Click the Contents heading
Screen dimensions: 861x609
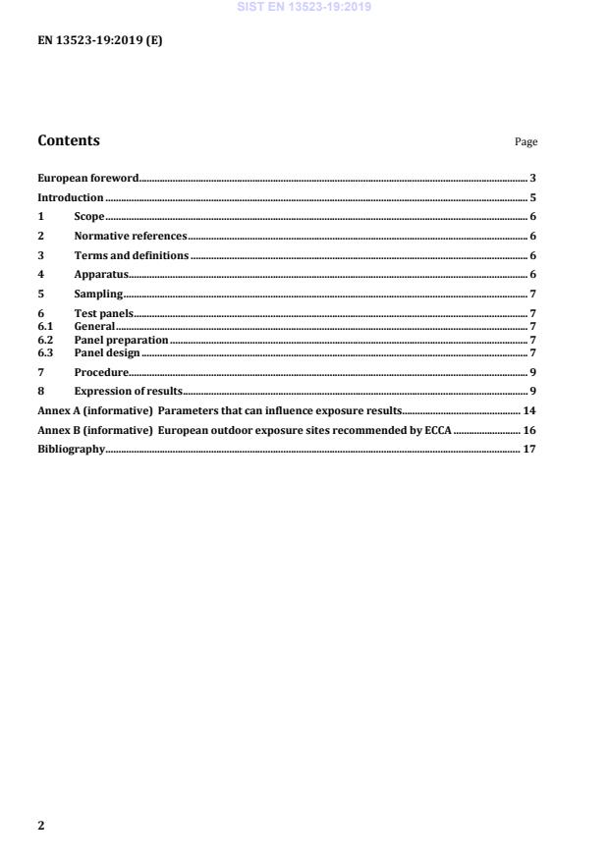tap(69, 140)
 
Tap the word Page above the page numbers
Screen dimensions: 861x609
tap(526, 142)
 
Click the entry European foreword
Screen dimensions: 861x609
tap(87, 179)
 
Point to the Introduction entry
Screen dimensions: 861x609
tap(71, 197)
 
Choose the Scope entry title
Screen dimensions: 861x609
tap(89, 217)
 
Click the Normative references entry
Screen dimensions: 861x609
tap(131, 237)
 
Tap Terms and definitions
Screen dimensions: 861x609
tap(132, 256)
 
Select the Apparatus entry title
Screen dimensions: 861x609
tap(101, 275)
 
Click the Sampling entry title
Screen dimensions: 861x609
tap(98, 295)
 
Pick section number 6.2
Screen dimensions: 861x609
tap(45, 340)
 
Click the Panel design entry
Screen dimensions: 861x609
tap(107, 352)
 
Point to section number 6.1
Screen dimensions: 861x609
tap(45, 327)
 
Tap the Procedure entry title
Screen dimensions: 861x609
tap(101, 372)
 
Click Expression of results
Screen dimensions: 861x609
tap(129, 392)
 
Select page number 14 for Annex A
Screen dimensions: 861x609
tap(528, 410)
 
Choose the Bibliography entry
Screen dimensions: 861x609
tap(71, 450)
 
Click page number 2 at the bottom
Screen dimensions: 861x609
tap(41, 826)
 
